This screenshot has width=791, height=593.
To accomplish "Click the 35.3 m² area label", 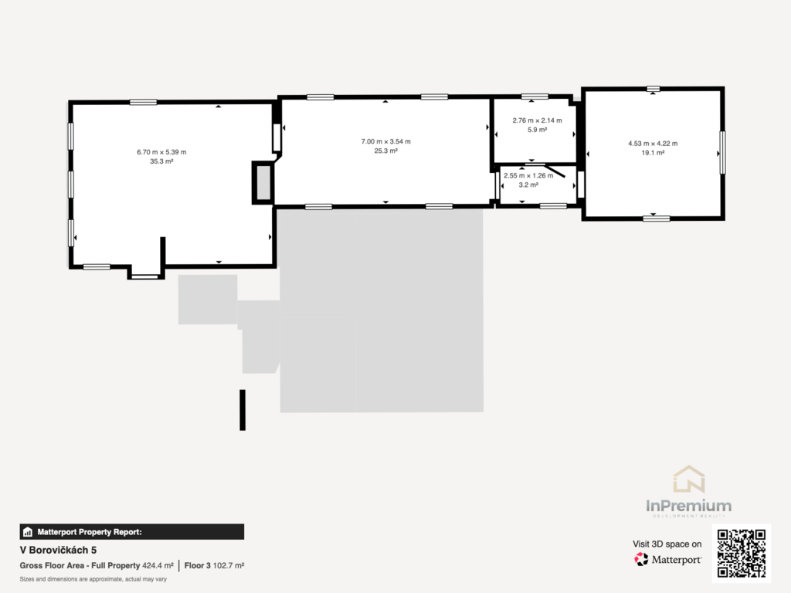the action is click(161, 161).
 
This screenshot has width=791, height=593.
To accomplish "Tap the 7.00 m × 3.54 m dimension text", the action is click(386, 142).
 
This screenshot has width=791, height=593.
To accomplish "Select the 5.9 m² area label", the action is click(538, 130).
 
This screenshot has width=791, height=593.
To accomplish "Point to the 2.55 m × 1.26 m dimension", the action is click(528, 175).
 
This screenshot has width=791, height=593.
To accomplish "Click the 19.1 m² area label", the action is click(653, 153).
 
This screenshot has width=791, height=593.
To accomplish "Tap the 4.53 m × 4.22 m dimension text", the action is click(653, 144).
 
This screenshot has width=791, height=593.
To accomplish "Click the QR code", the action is click(742, 553).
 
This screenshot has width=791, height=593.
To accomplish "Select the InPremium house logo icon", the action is click(688, 479).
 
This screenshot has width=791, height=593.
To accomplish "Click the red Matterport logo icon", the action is click(641, 559).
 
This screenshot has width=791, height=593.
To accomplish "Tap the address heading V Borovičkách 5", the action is click(58, 550).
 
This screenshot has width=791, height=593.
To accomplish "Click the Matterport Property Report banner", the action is click(131, 532).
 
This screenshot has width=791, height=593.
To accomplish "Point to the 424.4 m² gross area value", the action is click(158, 566).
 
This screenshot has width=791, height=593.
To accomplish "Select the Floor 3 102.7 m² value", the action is click(214, 566).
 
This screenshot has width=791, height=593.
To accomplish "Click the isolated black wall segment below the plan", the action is click(243, 410).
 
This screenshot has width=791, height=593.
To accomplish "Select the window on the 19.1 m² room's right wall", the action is click(722, 152).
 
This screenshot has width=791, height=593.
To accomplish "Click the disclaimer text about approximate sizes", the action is click(93, 579).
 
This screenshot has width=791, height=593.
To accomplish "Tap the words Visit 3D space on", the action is click(667, 544).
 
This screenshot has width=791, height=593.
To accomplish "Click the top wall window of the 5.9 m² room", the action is click(535, 97).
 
